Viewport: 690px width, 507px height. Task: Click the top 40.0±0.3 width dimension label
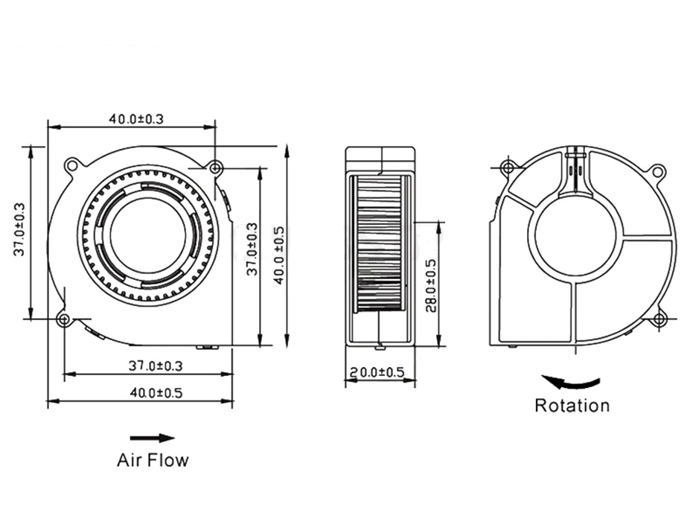coord(137,118)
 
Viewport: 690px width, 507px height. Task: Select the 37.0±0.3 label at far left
coord(19,230)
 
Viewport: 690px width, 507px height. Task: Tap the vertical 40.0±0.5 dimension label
coord(278,255)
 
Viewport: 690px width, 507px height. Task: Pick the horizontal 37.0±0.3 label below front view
coord(156,366)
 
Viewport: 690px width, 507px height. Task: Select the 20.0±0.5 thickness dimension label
coord(379,372)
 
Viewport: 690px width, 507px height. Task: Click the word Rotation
coord(572,406)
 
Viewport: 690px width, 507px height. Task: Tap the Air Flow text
coord(153,460)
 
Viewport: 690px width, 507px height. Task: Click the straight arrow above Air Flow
coord(152,438)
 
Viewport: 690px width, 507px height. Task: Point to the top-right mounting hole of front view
coord(215,168)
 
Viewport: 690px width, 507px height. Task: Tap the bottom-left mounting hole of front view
coord(64,320)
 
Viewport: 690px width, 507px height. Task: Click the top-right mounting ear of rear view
coord(657,171)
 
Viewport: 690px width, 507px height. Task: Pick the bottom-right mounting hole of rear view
coord(658,320)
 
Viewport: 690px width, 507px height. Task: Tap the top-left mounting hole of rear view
coord(508,167)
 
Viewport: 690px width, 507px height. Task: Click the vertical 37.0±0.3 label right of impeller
coord(252,249)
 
